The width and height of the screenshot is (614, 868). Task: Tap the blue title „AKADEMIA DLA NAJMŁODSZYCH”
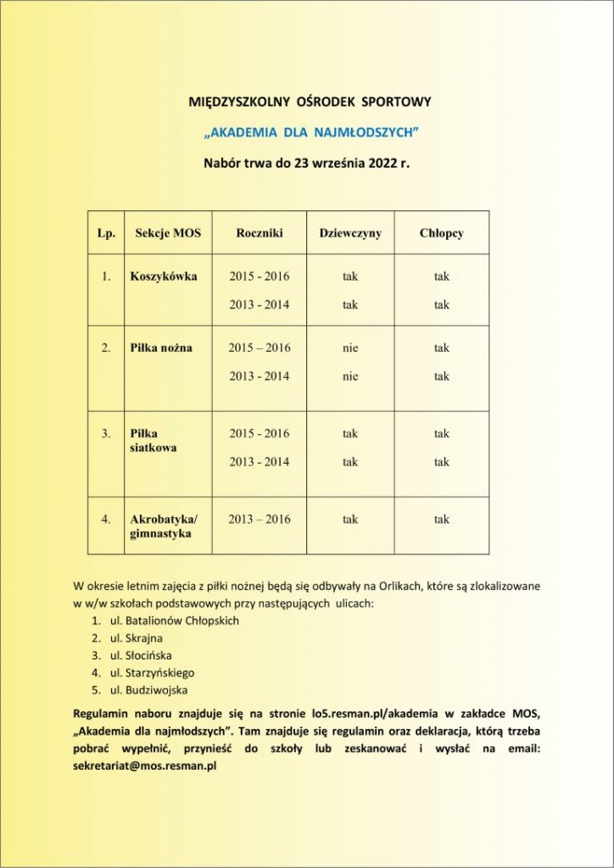click(x=311, y=132)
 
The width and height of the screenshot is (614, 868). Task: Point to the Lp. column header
click(x=106, y=233)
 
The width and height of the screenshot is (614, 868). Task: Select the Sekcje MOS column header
click(x=168, y=233)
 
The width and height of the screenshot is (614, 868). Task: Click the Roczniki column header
click(x=259, y=233)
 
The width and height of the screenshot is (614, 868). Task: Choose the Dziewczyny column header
click(x=350, y=233)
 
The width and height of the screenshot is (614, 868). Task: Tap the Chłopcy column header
click(x=441, y=233)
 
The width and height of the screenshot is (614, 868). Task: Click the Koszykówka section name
click(x=164, y=276)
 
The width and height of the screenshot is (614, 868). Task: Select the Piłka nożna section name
click(x=161, y=348)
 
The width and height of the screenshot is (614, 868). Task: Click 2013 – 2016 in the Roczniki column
click(x=259, y=520)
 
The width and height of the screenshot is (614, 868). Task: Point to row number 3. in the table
click(x=106, y=433)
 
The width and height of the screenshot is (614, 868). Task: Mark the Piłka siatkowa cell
click(x=153, y=440)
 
